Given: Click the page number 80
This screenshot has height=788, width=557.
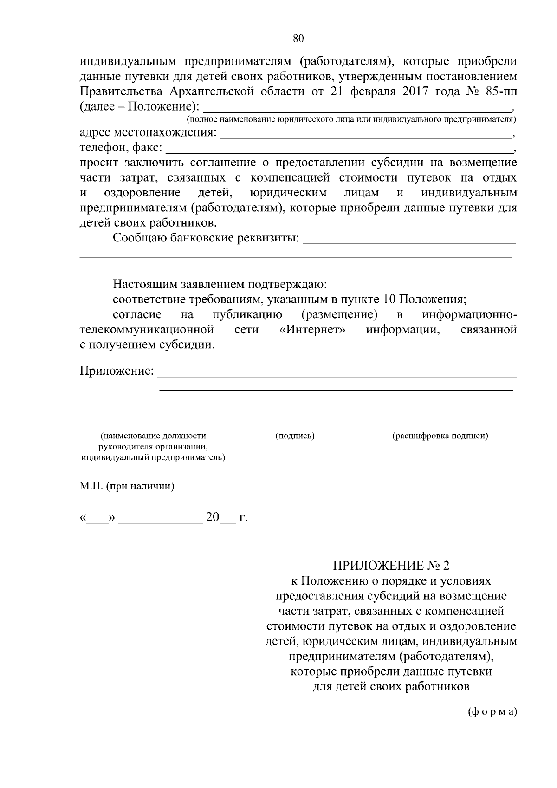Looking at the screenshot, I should pos(298,39).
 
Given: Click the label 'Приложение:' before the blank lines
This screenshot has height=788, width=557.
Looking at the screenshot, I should pos(117,371).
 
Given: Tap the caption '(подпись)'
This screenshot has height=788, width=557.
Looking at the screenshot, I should pos(295,436).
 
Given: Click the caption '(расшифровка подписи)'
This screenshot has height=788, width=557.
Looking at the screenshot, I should pos(440,436).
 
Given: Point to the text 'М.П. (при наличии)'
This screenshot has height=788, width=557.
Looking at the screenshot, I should pos(127,487).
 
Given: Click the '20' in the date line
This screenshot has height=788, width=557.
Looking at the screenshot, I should pos(212,517).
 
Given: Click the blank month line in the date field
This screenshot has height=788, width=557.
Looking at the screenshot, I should pos(161,522).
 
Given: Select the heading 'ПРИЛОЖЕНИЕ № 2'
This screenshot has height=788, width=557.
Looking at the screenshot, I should pos(391,566).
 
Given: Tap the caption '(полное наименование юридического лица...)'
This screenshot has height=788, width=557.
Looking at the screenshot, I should pos(351,120).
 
